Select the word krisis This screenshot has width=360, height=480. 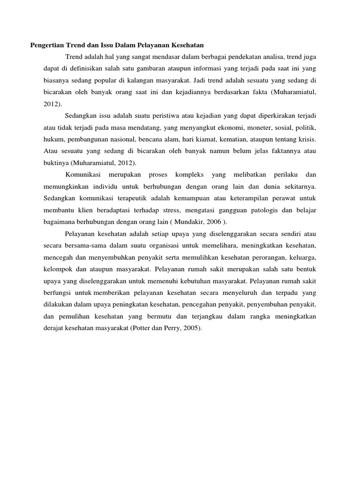coord(306,139)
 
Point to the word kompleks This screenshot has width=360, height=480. coord(189,174)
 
